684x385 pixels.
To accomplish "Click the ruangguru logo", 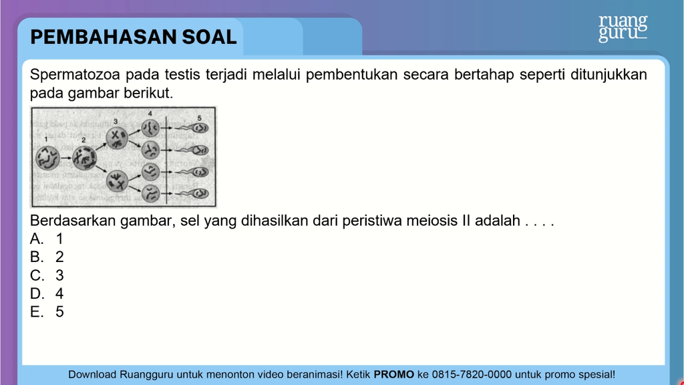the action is [x=623, y=28].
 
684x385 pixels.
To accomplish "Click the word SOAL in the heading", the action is [x=209, y=37].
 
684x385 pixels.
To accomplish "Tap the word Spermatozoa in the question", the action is [x=75, y=75].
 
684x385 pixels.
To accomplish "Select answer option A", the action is [x=47, y=239].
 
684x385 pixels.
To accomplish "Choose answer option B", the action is [x=47, y=257].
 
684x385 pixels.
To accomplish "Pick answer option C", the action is [x=47, y=275].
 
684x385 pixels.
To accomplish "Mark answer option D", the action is [x=47, y=293].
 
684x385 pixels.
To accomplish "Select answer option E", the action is [x=47, y=311].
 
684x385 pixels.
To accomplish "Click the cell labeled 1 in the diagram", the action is [x=47, y=158].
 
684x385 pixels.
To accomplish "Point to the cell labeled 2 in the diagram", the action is [x=84, y=158].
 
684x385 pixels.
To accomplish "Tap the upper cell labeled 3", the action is [x=116, y=138].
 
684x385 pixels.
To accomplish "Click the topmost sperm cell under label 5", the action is [x=192, y=128].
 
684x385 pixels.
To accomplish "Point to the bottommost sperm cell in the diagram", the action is [x=192, y=192].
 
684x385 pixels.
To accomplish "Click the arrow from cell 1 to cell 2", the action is [x=66, y=158].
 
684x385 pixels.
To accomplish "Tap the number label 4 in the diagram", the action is [x=150, y=114].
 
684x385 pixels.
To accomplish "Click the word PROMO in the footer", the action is [x=393, y=374].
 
